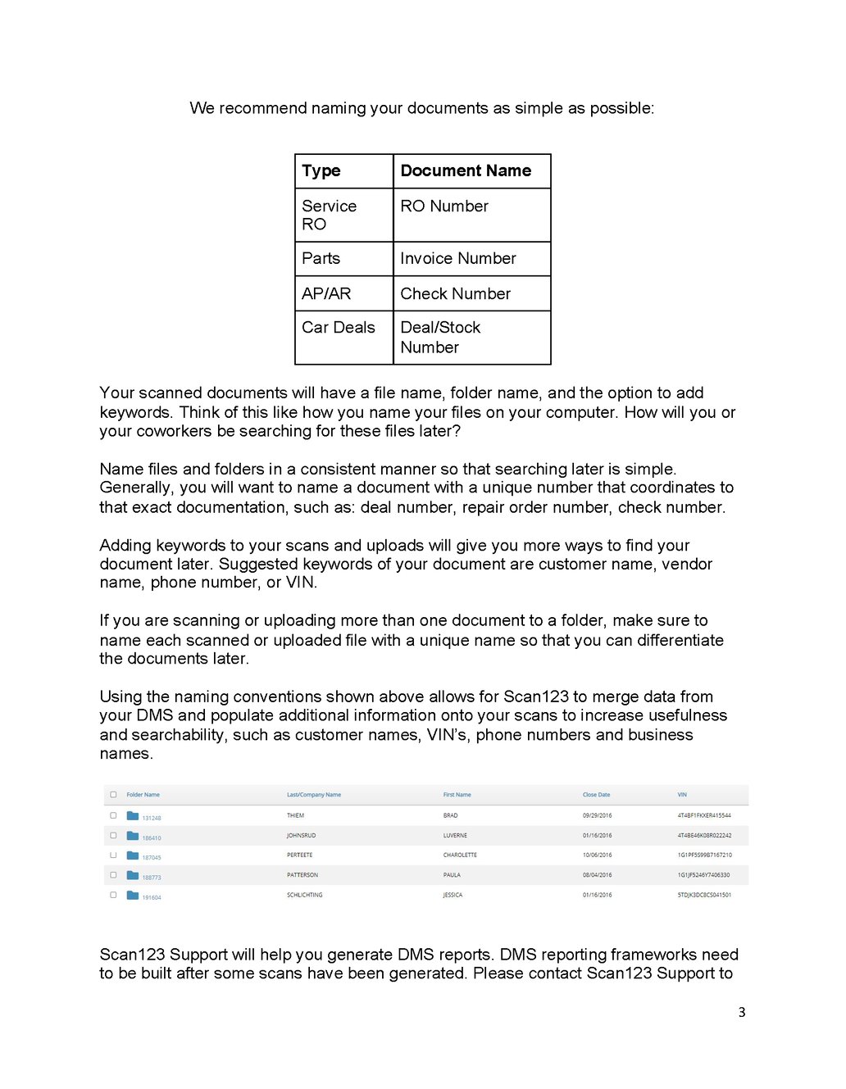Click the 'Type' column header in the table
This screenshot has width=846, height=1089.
321,171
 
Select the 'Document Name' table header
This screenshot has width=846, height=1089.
466,171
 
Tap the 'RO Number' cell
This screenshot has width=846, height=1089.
444,206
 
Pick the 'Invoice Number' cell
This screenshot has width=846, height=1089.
458,259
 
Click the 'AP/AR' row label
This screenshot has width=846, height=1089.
326,294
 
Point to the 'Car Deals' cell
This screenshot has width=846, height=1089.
339,328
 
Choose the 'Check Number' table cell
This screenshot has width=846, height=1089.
455,294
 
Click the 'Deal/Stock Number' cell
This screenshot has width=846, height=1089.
440,338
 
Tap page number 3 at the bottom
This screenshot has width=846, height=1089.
742,1013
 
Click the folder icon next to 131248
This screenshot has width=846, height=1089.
133,816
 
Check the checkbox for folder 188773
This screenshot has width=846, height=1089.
113,875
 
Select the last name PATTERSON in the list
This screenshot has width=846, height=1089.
302,875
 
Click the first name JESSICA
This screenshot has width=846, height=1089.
453,896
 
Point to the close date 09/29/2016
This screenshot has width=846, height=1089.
597,816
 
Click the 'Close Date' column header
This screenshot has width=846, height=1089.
596,795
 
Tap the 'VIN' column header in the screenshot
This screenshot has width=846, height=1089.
682,795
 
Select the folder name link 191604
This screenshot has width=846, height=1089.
152,898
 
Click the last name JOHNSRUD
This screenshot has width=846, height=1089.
301,836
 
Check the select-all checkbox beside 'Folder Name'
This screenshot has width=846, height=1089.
113,795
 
